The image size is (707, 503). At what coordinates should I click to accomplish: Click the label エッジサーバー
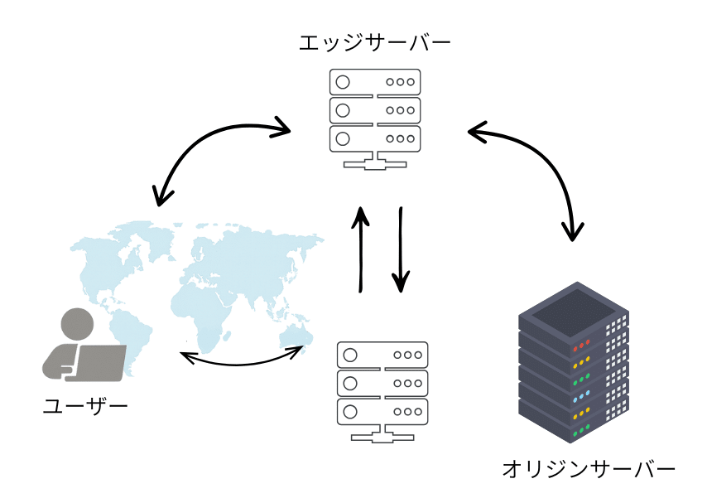click(375, 41)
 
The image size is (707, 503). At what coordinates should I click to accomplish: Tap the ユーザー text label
click(85, 406)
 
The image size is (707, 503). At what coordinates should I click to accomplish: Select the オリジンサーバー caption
click(588, 469)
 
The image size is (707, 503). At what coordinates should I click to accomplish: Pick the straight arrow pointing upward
click(361, 249)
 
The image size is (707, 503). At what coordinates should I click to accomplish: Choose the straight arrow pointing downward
click(401, 249)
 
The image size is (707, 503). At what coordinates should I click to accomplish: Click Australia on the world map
click(294, 336)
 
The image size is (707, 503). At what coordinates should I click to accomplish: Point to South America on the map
click(132, 340)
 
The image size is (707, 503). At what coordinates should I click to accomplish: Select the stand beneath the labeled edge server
click(375, 162)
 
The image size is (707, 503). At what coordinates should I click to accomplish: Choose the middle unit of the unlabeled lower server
click(382, 382)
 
